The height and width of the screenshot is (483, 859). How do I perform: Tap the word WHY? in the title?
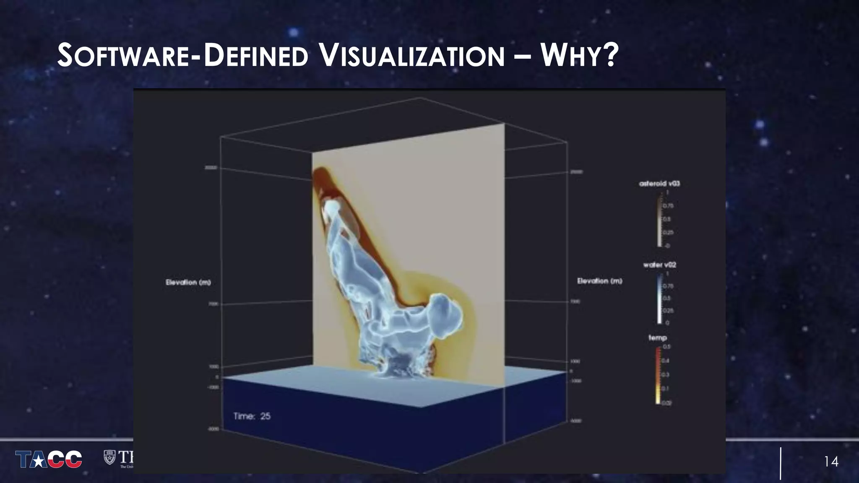click(x=579, y=56)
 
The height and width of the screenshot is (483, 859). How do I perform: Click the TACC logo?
click(x=49, y=459)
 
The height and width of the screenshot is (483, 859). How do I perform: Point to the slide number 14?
click(x=831, y=462)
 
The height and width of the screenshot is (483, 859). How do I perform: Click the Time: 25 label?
click(x=252, y=416)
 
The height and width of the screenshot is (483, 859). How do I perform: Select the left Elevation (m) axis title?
click(x=188, y=282)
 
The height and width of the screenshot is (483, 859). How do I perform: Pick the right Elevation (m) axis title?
click(x=599, y=281)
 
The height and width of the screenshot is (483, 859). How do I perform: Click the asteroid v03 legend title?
click(x=659, y=184)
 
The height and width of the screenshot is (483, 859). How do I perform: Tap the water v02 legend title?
click(x=659, y=265)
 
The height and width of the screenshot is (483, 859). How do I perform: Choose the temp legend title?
click(x=657, y=338)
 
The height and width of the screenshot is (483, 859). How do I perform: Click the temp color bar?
click(x=658, y=375)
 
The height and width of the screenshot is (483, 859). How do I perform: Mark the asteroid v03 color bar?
click(x=659, y=219)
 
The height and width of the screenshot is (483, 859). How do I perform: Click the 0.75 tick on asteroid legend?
click(x=668, y=206)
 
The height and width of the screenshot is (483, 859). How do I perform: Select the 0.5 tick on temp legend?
click(x=666, y=347)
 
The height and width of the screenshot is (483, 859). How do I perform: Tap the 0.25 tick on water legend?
click(x=668, y=311)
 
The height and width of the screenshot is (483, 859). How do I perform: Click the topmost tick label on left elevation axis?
click(x=211, y=168)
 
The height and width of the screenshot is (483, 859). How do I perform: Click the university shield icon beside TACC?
click(x=109, y=457)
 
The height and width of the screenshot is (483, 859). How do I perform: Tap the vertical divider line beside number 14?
click(x=781, y=463)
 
